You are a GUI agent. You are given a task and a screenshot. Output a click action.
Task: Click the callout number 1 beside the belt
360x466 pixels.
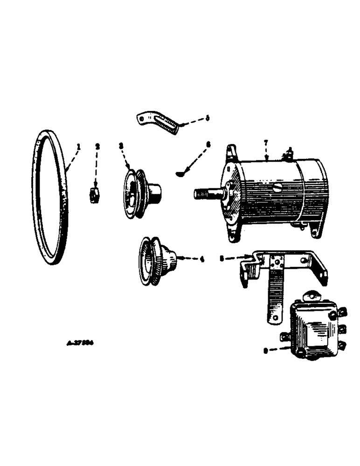point(79,147)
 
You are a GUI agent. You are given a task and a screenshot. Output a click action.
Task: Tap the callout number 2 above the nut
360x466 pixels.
point(98,146)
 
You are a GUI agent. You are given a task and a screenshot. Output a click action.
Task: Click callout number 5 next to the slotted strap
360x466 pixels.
point(208,118)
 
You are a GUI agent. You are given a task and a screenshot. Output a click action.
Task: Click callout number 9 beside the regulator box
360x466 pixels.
point(265,352)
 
